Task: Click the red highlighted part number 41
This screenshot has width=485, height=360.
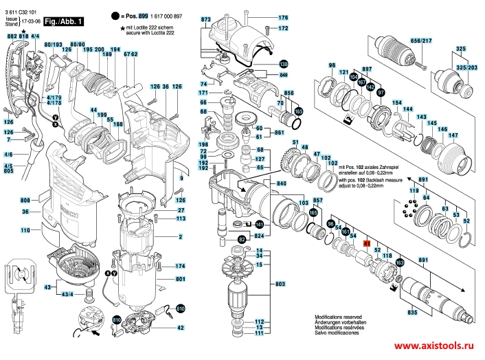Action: (x=367, y=244)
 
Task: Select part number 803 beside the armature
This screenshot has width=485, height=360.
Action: (x=280, y=284)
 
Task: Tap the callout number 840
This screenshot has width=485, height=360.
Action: (x=282, y=184)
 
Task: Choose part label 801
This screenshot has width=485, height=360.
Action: (x=181, y=279)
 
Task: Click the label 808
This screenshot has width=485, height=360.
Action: (x=24, y=199)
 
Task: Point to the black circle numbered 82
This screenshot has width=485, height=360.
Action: (x=242, y=238)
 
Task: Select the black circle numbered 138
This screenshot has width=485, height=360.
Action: (x=283, y=63)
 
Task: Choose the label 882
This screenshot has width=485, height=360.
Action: (x=11, y=35)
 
